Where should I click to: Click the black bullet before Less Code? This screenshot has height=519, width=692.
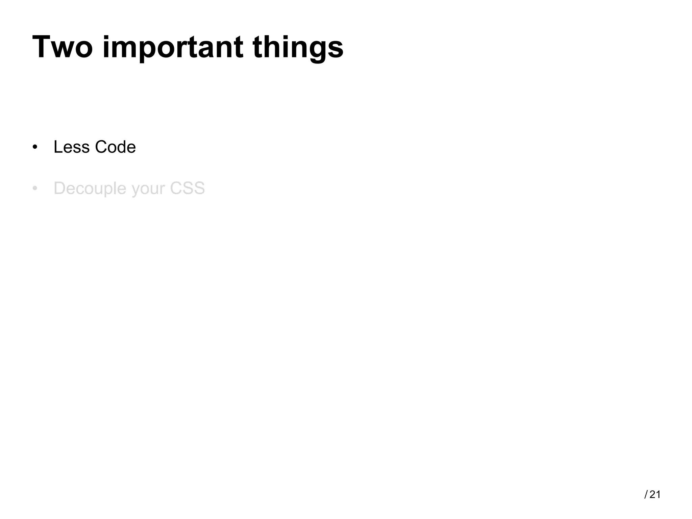35,147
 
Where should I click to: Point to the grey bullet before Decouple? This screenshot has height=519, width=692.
35,189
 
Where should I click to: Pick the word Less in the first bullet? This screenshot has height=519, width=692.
71,147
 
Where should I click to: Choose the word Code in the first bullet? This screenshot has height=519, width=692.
115,147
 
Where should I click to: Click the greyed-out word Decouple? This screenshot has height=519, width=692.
90,189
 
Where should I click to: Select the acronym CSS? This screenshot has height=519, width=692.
187,188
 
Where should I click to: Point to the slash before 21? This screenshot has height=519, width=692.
646,495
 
